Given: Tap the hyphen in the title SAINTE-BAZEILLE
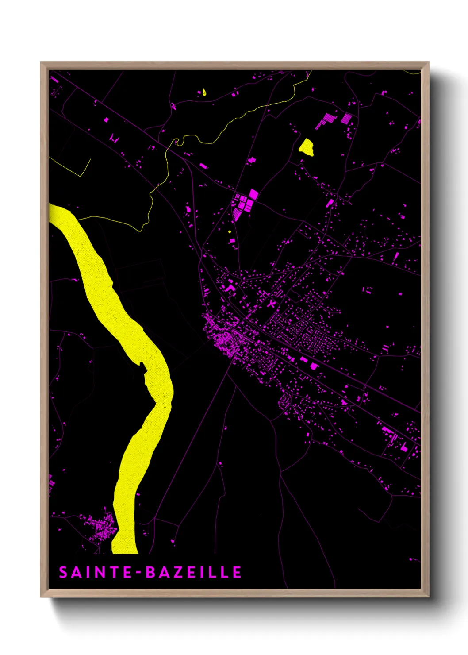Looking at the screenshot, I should click(139, 573).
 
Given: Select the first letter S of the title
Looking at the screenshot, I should click(63, 572).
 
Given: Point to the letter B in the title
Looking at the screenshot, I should click(151, 572).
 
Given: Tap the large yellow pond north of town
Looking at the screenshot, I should click(306, 147).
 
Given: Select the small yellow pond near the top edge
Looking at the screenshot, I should click(204, 92).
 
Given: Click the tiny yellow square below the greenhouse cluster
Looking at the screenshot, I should click(230, 231).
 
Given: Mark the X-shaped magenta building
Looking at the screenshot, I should click(272, 304).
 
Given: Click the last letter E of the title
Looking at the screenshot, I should click(237, 572).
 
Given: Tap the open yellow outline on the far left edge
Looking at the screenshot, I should click(75, 168).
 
